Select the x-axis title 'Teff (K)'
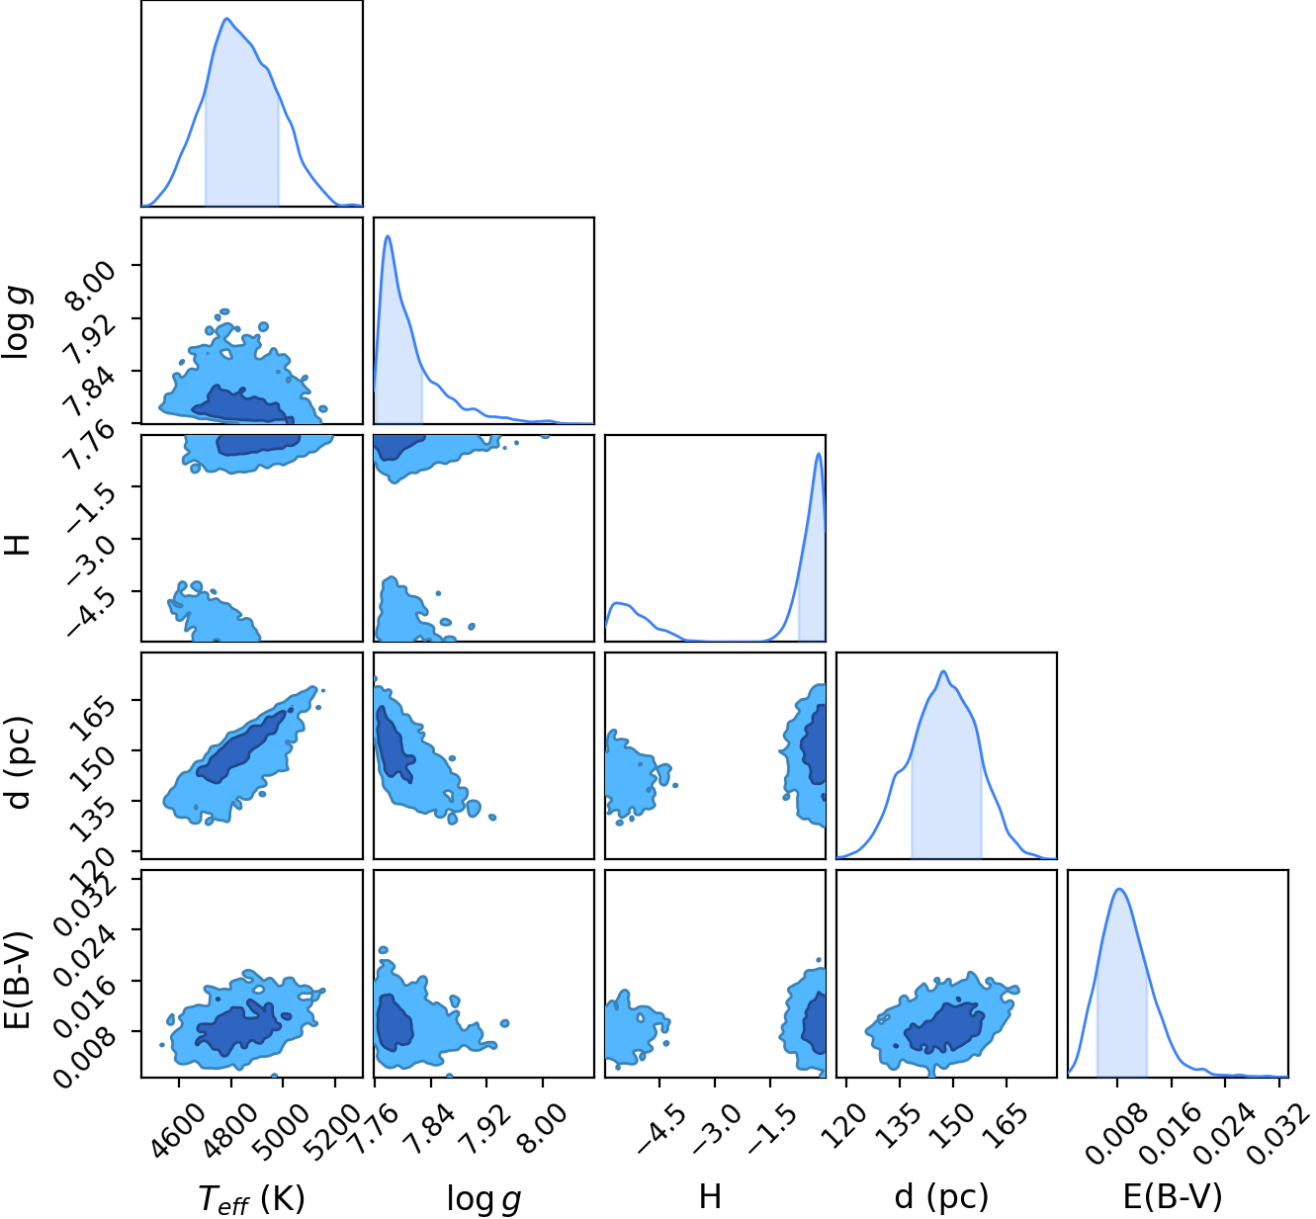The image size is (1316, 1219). click(x=252, y=1198)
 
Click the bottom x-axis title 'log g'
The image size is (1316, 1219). click(x=484, y=1198)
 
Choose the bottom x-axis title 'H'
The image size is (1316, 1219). click(x=710, y=1197)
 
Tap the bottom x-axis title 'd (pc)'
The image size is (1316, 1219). click(x=941, y=1198)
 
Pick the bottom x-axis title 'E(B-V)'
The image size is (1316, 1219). click(x=1173, y=1198)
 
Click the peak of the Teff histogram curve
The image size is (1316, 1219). click(x=226, y=18)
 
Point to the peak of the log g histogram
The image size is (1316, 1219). click(x=388, y=236)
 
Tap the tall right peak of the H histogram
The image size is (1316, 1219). click(x=819, y=454)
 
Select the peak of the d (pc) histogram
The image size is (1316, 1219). click(x=943, y=671)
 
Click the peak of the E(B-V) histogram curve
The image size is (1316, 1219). click(x=1119, y=889)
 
